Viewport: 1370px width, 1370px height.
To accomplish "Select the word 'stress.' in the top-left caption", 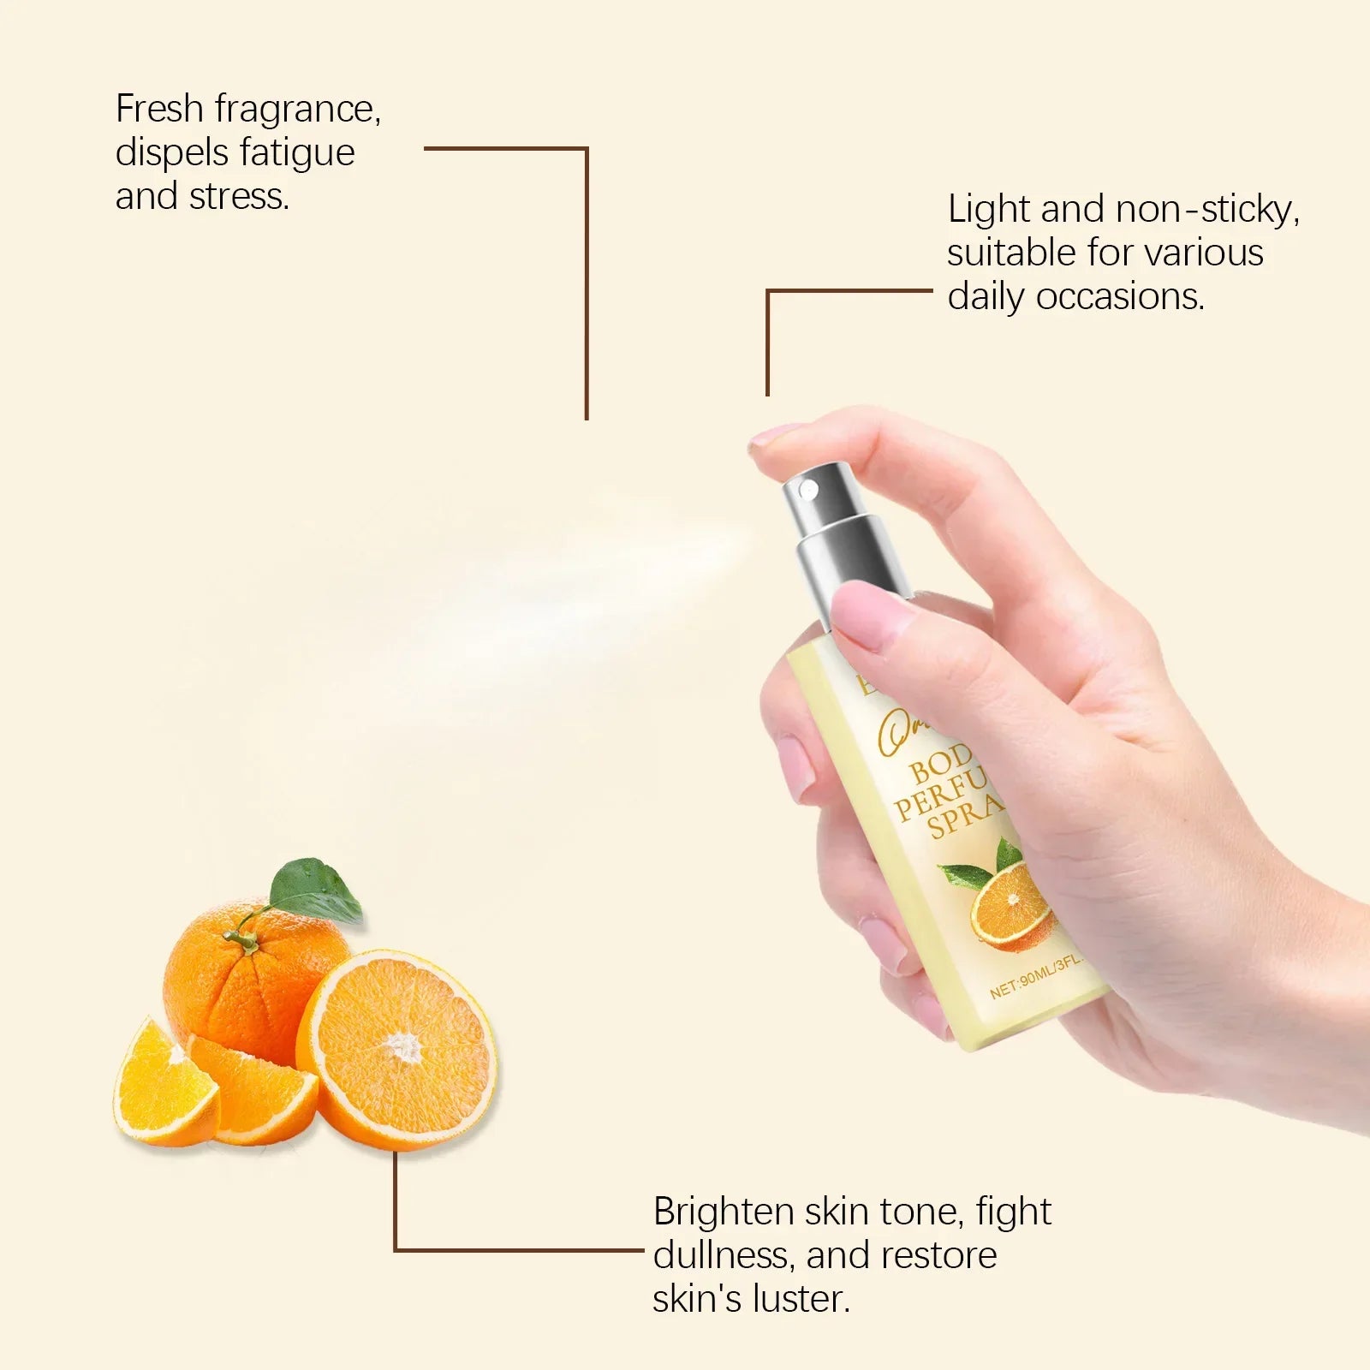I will [x=239, y=197].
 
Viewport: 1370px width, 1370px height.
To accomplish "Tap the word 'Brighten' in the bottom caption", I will [x=724, y=1212].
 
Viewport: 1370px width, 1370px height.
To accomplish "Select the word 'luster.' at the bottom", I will [x=801, y=1300].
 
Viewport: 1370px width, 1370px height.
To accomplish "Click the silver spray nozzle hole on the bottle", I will [x=807, y=490].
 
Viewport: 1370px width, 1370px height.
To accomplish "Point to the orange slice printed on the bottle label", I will [x=1010, y=904].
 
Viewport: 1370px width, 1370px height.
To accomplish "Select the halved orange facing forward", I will [x=398, y=1049].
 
